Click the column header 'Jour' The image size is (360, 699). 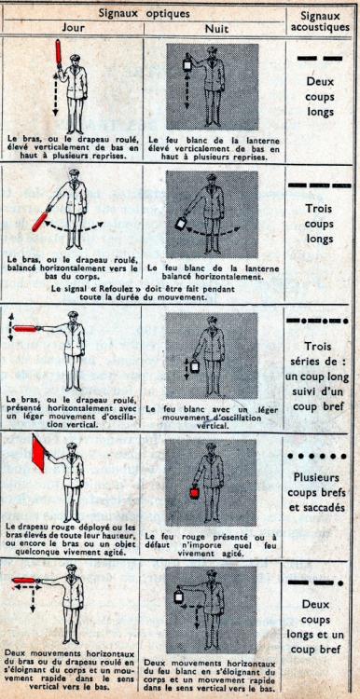tap(74, 27)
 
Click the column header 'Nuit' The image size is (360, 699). tap(216, 29)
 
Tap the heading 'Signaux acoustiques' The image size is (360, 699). tap(320, 21)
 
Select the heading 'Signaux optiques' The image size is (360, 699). tap(144, 13)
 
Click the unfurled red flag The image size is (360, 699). tap(39, 452)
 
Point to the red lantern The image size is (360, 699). tap(194, 492)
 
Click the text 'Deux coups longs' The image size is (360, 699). tap(320, 97)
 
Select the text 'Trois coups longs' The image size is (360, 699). tap(320, 224)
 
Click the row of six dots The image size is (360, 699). tap(318, 456)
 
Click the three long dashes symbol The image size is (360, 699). tap(319, 185)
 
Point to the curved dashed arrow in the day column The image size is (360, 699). tap(74, 228)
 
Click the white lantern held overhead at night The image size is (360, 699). tap(187, 65)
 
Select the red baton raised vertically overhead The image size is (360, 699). tap(59, 52)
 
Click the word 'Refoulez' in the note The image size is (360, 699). tap(113, 289)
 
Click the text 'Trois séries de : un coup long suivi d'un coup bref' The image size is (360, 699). tap(319, 377)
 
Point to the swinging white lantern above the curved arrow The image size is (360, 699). tap(181, 224)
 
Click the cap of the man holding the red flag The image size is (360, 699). tap(72, 445)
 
